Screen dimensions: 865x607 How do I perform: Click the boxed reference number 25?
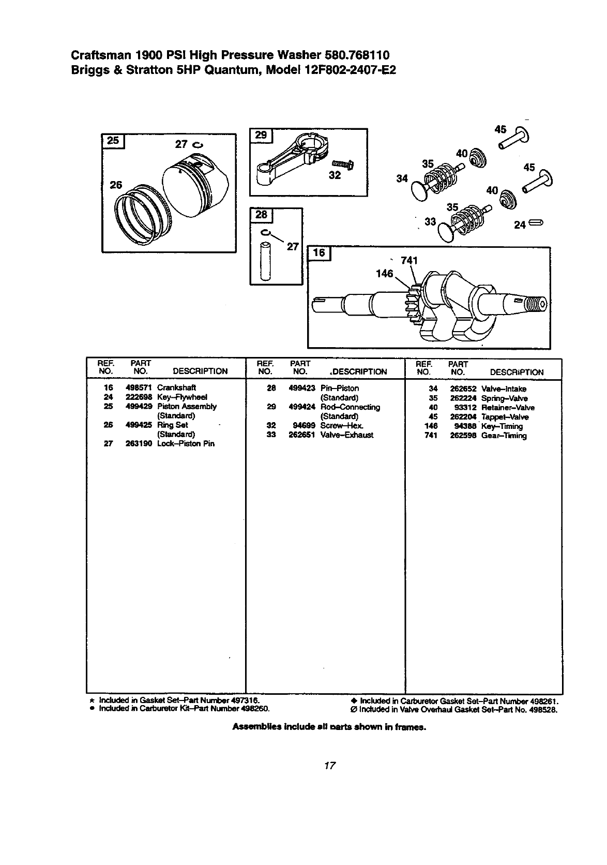pyautogui.click(x=113, y=140)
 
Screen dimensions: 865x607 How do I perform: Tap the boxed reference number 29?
pyautogui.click(x=261, y=135)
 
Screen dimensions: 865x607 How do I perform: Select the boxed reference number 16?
pyautogui.click(x=320, y=253)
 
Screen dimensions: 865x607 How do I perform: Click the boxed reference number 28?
pyautogui.click(x=261, y=215)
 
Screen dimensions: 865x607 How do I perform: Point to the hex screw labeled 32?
pyautogui.click(x=342, y=165)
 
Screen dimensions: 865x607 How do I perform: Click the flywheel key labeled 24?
pyautogui.click(x=537, y=223)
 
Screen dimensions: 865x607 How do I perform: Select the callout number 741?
pyautogui.click(x=409, y=260)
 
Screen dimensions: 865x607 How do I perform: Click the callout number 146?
pyautogui.click(x=385, y=274)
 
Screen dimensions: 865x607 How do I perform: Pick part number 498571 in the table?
pyautogui.click(x=138, y=387)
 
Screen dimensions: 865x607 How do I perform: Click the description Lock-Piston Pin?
pyautogui.click(x=186, y=443)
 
